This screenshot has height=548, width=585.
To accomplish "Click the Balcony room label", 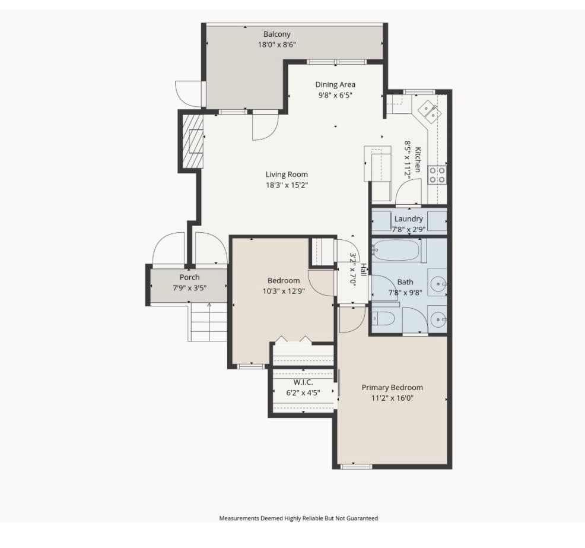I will point(277,34).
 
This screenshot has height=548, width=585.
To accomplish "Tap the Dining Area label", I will point(335,84).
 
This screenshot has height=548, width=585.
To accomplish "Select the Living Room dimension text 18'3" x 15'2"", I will point(287,185).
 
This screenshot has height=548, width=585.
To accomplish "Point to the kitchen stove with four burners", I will point(438,174).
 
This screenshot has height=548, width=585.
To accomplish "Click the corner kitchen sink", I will point(430,111).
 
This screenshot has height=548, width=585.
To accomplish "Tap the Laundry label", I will point(408,218).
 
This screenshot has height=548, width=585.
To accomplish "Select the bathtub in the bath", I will point(396,251).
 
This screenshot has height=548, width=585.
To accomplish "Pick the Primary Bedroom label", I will point(392,387).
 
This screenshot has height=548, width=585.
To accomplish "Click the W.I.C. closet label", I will point(303,382).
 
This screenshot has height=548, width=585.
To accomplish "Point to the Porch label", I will point(189,277).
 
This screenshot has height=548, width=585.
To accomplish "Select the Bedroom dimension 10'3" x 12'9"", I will point(283,291).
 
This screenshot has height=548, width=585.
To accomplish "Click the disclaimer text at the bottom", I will point(298,518).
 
